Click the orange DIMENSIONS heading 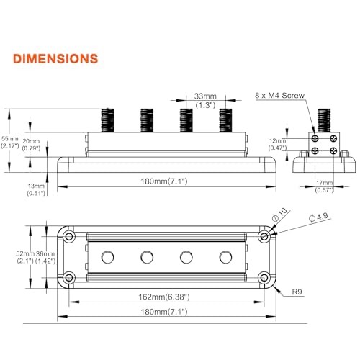pyautogui.click(x=55, y=59)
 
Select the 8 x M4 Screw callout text pyautogui.click(x=279, y=95)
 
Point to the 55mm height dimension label pyautogui.click(x=10, y=142)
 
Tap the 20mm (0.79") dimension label pyautogui.click(x=31, y=145)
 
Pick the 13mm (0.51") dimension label pyautogui.click(x=36, y=189)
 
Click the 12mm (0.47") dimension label pyautogui.click(x=278, y=144)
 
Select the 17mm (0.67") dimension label pyautogui.click(x=324, y=186)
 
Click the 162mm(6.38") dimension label pyautogui.click(x=164, y=297)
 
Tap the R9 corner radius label pyautogui.click(x=297, y=292)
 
